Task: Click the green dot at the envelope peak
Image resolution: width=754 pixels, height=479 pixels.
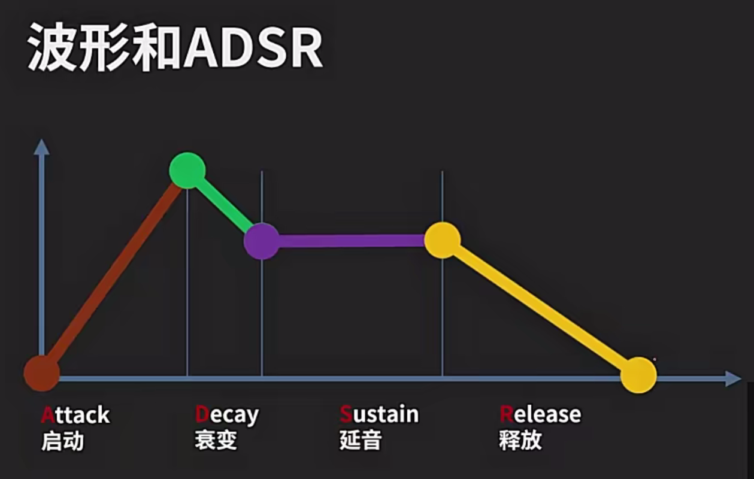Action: pyautogui.click(x=187, y=170)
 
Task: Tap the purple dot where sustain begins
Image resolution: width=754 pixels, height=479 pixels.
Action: pyautogui.click(x=262, y=241)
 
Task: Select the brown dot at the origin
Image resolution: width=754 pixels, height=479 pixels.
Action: pyautogui.click(x=42, y=373)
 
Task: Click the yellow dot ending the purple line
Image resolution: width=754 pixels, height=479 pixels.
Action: pyautogui.click(x=443, y=240)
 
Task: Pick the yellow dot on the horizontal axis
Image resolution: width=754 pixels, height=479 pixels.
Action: pyautogui.click(x=638, y=375)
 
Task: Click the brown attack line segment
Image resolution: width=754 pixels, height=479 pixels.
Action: pyautogui.click(x=114, y=272)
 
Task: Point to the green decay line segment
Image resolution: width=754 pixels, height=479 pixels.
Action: pyautogui.click(x=225, y=205)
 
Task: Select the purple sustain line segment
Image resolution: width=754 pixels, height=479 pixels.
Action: pyautogui.click(x=352, y=241)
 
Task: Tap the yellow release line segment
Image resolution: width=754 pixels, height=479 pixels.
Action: pyautogui.click(x=540, y=307)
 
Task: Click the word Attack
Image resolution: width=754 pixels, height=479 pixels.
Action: pyautogui.click(x=75, y=415)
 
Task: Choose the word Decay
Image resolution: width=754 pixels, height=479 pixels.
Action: pyautogui.click(x=227, y=416)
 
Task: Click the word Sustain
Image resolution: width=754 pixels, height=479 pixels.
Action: pyautogui.click(x=379, y=414)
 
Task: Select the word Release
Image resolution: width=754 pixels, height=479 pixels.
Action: pyautogui.click(x=540, y=414)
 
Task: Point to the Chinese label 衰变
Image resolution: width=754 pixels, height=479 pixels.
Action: pyautogui.click(x=216, y=440)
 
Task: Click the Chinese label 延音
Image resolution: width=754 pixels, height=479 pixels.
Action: pyautogui.click(x=361, y=440)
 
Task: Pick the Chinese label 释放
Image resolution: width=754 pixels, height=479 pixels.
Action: pyautogui.click(x=520, y=440)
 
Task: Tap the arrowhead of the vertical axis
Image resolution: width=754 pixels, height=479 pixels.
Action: pyautogui.click(x=42, y=147)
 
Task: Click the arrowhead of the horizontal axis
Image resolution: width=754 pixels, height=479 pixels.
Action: pyautogui.click(x=733, y=378)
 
